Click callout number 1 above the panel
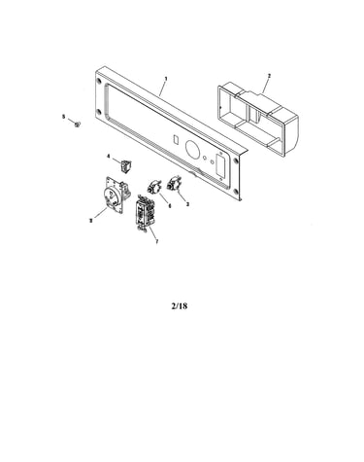click(x=166, y=79)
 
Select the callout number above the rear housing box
click(x=269, y=76)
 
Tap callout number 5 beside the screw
click(x=63, y=117)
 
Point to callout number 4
click(x=109, y=157)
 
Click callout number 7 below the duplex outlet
click(x=157, y=241)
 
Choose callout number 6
click(x=170, y=205)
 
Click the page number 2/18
click(x=180, y=305)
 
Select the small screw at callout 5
click(x=77, y=124)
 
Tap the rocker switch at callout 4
click(x=124, y=166)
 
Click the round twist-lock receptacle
click(x=115, y=195)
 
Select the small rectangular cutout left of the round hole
click(x=176, y=139)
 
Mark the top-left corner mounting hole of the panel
click(x=99, y=81)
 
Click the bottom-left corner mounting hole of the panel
click(x=99, y=113)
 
